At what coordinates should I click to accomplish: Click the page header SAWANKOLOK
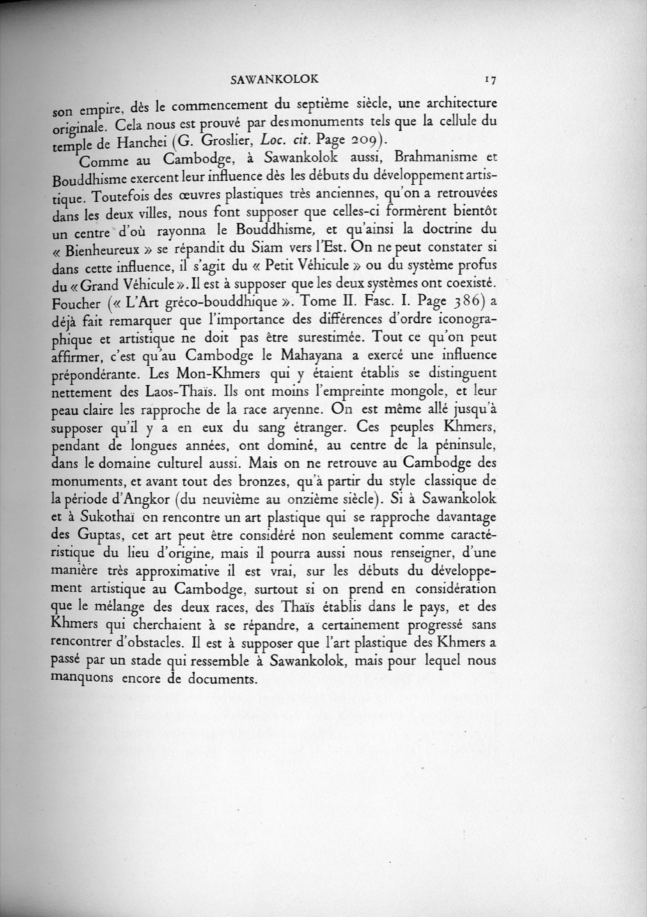[274, 79]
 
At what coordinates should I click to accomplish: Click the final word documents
[221, 679]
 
